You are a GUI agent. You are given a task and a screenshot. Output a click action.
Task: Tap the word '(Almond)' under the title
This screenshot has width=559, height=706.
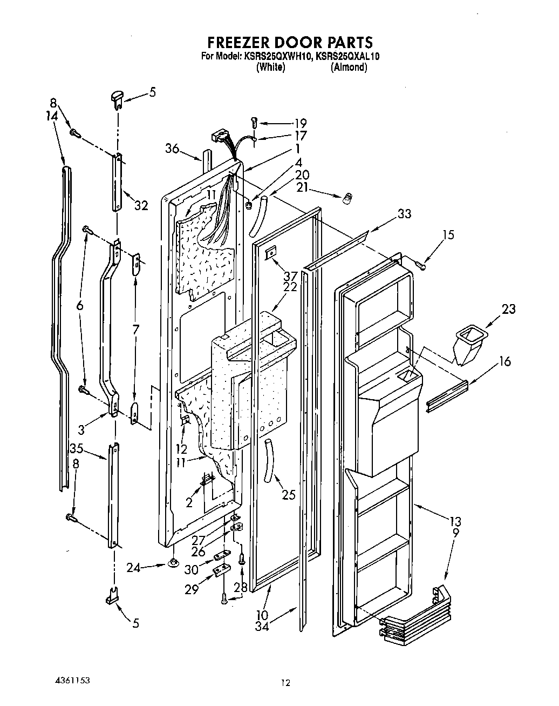point(349,68)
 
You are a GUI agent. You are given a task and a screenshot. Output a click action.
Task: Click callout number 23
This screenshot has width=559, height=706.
point(508,310)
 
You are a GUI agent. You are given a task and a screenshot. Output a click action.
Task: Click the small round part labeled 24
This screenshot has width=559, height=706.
point(173,564)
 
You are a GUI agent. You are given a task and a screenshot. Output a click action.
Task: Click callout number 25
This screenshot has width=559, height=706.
point(289,494)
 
